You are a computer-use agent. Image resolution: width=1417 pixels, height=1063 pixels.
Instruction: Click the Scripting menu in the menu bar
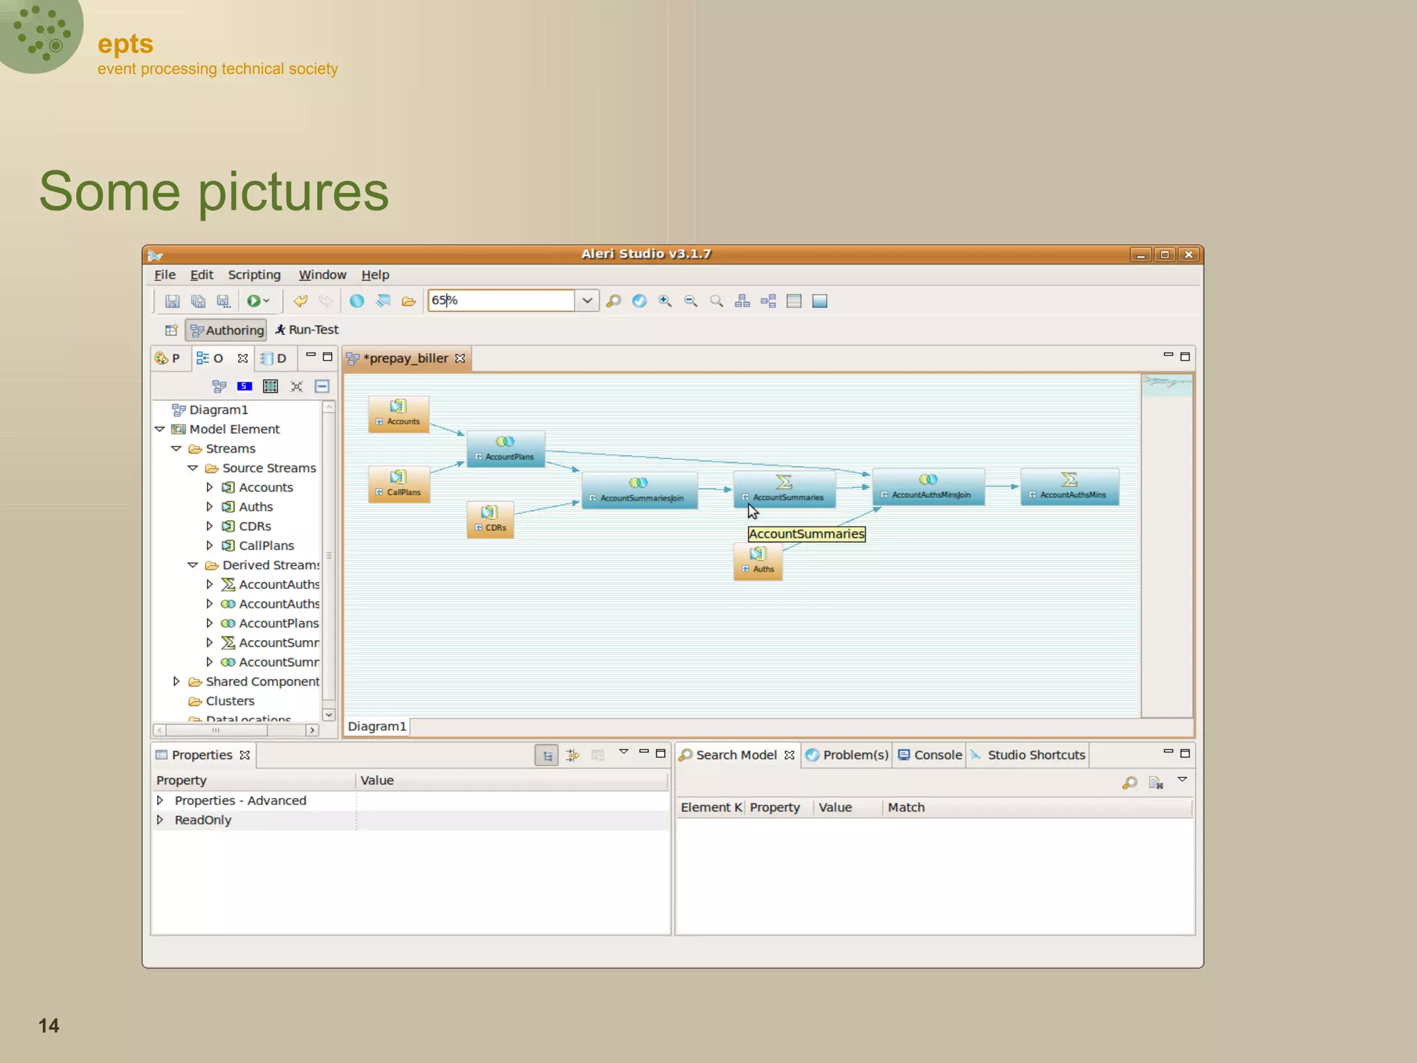click(x=254, y=275)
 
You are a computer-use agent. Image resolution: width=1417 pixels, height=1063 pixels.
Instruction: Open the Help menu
click(x=375, y=275)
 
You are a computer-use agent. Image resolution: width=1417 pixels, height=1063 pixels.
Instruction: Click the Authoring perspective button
click(x=226, y=330)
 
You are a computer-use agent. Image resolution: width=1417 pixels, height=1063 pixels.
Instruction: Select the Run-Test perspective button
click(x=307, y=330)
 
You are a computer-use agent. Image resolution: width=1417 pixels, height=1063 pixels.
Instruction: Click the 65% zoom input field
click(x=500, y=300)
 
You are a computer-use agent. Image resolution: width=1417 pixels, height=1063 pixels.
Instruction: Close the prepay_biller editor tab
click(x=460, y=358)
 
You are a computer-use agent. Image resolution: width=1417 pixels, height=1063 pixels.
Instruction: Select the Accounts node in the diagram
click(x=399, y=414)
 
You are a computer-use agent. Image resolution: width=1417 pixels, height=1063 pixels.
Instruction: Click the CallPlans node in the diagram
click(x=399, y=484)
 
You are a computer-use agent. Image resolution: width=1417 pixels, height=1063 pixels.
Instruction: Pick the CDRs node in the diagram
click(x=490, y=520)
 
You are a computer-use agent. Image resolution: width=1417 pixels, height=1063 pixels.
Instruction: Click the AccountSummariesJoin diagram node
click(x=639, y=491)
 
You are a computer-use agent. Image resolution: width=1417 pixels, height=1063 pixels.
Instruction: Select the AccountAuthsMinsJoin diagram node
click(x=928, y=487)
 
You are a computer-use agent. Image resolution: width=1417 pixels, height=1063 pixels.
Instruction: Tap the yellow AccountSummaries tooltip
click(x=806, y=534)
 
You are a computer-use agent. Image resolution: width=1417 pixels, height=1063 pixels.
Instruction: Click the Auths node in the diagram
click(x=758, y=561)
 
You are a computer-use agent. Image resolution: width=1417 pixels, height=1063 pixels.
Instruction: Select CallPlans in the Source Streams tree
click(x=266, y=546)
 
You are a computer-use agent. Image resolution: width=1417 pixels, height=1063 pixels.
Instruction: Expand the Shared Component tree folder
click(x=176, y=682)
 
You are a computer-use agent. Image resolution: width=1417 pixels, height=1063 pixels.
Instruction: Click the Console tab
click(x=930, y=755)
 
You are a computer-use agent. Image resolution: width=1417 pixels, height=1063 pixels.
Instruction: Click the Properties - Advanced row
click(x=240, y=801)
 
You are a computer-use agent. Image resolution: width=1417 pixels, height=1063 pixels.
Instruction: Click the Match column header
click(x=906, y=808)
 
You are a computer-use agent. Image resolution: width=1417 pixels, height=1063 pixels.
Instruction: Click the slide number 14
click(x=48, y=1026)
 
